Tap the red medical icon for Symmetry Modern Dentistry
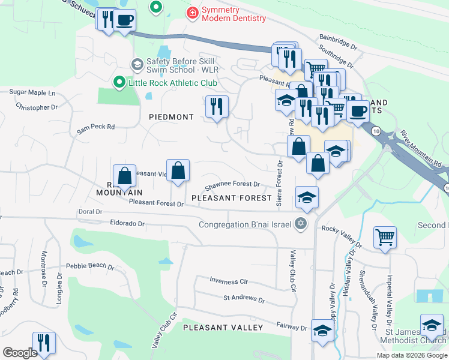pyautogui.click(x=193, y=12)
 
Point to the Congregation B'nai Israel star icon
pyautogui.click(x=301, y=225)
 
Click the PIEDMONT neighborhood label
pyautogui.click(x=172, y=117)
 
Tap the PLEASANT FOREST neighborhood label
pyautogui.click(x=232, y=197)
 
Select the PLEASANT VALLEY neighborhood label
pyautogui.click(x=223, y=328)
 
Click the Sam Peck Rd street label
pyautogui.click(x=95, y=129)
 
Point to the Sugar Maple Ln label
pyautogui.click(x=32, y=94)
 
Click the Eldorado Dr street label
pyautogui.click(x=128, y=223)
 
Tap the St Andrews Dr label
pyautogui.click(x=244, y=298)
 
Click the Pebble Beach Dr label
pyautogui.click(x=90, y=265)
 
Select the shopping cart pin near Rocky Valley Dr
pyautogui.click(x=385, y=236)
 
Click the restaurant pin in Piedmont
pyautogui.click(x=217, y=107)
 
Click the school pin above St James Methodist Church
pyautogui.click(x=432, y=325)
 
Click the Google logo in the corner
pyautogui.click(x=20, y=353)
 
